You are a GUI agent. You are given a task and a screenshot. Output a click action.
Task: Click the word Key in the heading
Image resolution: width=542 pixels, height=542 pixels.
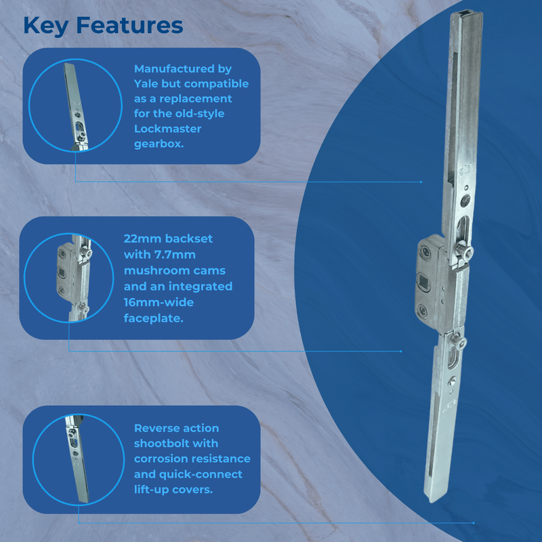(46, 25)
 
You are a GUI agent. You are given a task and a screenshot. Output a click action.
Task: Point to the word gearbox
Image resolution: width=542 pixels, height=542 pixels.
(159, 144)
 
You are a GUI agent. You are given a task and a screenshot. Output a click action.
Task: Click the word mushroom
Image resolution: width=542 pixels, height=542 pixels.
(155, 271)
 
